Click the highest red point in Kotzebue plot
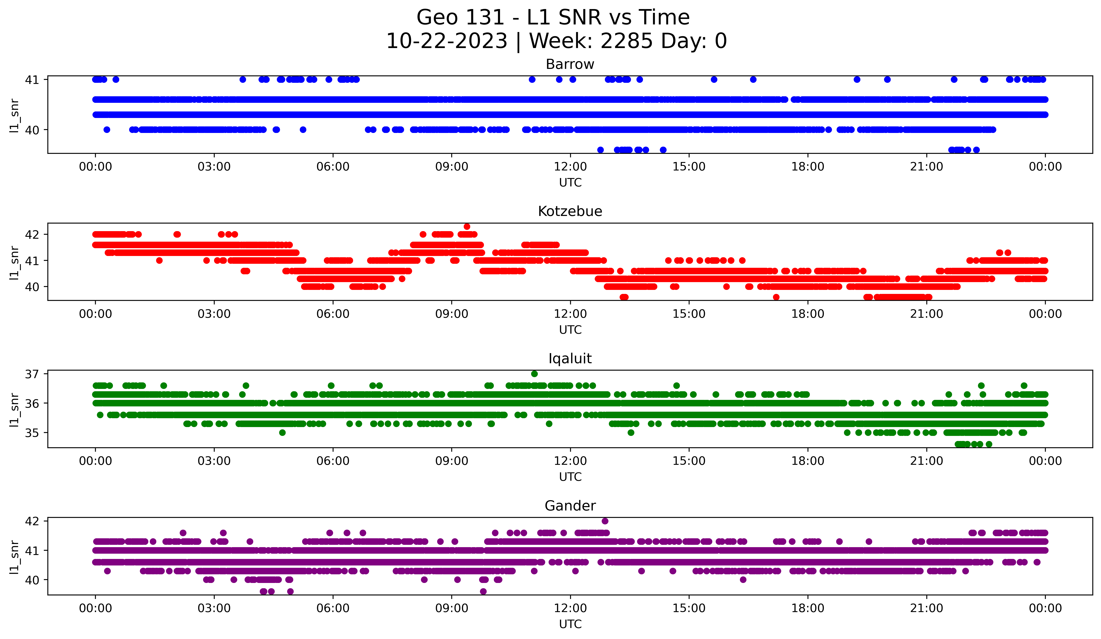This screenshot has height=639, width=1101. point(467,226)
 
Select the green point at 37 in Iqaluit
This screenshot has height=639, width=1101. point(534,374)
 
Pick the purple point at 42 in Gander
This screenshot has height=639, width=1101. point(605,521)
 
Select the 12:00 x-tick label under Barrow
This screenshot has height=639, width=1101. point(570,167)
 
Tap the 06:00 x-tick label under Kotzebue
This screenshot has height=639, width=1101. point(333,314)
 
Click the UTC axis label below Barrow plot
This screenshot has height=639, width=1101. point(570,183)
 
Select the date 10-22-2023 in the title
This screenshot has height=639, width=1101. point(446,41)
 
